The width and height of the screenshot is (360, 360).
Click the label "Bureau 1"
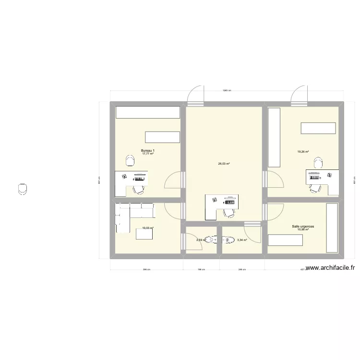147,150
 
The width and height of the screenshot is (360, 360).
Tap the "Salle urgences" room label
303,226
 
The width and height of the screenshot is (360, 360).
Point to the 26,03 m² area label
224,164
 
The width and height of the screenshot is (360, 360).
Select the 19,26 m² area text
303,152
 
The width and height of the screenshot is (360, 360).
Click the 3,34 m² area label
242,240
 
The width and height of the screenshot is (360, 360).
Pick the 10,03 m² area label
147,228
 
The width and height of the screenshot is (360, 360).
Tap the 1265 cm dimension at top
227,90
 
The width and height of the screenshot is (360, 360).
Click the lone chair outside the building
22,189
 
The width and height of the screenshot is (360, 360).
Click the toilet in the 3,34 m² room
228,240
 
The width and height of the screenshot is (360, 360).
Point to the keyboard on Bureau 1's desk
140,176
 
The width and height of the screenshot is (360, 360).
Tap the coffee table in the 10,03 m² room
145,234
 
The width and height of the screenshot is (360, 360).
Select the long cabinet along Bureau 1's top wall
147,112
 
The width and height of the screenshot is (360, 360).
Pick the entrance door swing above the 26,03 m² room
196,95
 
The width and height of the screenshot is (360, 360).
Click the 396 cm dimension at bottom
146,270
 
